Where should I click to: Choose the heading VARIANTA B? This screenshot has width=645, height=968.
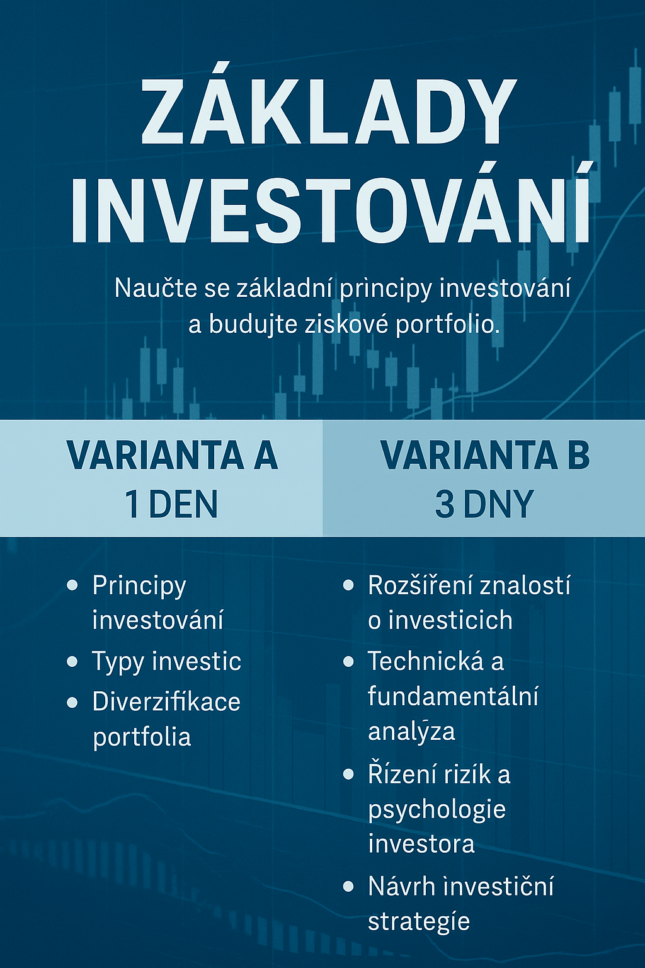485,456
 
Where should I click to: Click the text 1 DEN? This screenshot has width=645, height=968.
171,504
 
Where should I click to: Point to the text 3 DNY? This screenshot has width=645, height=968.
483,504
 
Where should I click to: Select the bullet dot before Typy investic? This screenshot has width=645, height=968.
72,662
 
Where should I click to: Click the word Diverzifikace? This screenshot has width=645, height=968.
166,701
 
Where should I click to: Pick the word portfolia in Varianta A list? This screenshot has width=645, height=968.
142,737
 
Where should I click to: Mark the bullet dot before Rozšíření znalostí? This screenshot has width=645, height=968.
348,586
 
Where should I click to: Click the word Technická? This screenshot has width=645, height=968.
426,660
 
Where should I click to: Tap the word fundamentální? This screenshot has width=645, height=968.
453,696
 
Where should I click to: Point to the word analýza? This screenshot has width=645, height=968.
411,731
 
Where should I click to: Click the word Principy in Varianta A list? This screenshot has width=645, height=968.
139,587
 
